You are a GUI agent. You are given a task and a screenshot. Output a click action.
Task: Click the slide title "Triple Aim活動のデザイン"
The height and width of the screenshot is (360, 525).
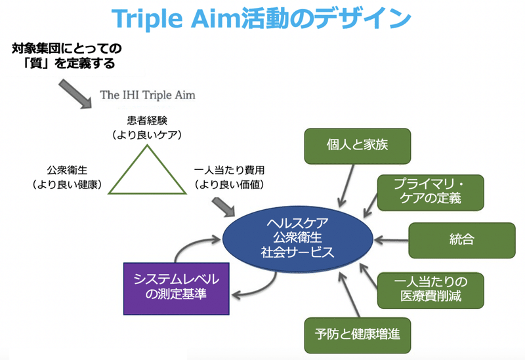261,18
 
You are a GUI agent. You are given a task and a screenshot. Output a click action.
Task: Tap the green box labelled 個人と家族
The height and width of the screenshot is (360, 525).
357,146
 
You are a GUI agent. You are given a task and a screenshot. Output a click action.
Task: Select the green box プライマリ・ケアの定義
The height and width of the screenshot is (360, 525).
430,192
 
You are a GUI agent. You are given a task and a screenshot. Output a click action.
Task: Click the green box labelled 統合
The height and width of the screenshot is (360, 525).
462,240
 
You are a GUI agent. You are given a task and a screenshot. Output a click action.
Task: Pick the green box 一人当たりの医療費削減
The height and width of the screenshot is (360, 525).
430,290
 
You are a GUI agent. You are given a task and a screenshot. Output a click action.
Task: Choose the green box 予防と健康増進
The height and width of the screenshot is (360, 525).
357,335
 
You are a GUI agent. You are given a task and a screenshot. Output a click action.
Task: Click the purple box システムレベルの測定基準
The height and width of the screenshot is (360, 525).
176,289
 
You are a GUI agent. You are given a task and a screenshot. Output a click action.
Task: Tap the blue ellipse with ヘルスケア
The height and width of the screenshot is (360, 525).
298,239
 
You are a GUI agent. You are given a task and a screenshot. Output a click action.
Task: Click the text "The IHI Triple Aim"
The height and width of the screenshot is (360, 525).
147,95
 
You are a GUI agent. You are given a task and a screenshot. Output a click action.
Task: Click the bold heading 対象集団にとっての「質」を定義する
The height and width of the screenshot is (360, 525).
67,56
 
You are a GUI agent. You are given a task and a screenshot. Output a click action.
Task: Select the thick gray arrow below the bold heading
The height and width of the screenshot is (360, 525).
75,94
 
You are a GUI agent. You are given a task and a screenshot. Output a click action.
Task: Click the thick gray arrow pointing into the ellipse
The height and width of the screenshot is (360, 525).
223,207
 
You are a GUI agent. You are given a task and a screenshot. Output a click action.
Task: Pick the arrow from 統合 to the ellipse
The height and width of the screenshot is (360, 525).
390,240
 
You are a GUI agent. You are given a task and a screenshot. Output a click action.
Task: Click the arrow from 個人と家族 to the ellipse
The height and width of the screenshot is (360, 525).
346,186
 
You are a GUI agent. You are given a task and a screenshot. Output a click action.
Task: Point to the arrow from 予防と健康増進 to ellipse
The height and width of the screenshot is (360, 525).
349,295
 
